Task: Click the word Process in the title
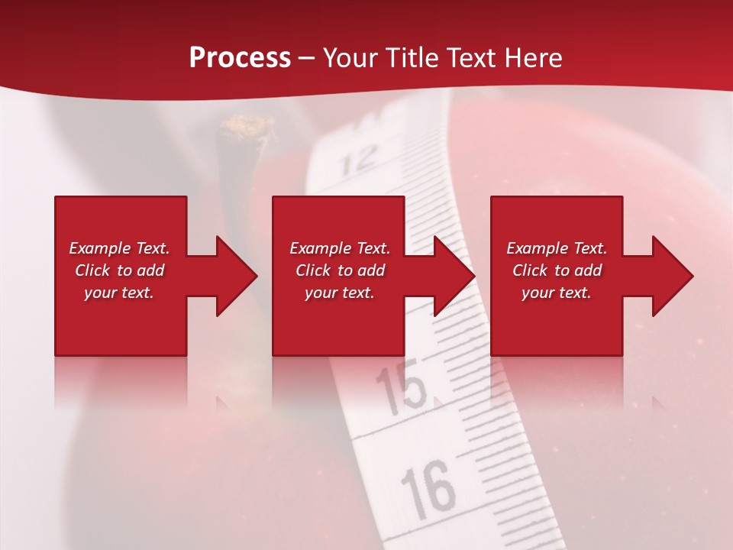pos(240,58)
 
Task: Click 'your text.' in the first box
pos(119,293)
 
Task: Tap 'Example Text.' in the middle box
pos(340,248)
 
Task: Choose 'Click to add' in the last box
pos(557,270)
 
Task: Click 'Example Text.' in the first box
pos(119,248)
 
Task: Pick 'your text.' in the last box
pos(557,293)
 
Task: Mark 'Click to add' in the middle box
pos(340,270)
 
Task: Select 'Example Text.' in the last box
pos(557,248)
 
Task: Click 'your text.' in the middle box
pos(340,293)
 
